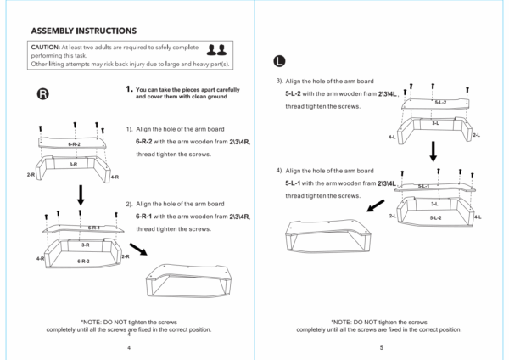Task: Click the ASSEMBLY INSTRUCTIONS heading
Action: point(84,31)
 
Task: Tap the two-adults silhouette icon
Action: point(217,50)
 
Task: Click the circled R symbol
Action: point(43,94)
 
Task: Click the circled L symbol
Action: point(279,61)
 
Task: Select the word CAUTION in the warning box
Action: point(46,47)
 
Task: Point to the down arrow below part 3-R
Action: point(81,195)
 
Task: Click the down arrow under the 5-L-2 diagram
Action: point(433,151)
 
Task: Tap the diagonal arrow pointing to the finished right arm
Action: point(138,250)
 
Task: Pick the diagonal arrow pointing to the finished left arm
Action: point(376,205)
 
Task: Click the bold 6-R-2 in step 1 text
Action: point(144,142)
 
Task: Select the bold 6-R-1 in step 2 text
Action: point(143,217)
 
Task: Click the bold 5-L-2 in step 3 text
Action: point(293,93)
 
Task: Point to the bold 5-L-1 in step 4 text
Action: point(293,183)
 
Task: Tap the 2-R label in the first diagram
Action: point(31,175)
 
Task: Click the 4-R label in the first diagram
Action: point(115,177)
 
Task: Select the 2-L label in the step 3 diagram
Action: point(476,135)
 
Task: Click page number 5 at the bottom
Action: point(382,347)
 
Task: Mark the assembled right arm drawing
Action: point(188,281)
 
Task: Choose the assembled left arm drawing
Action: point(328,236)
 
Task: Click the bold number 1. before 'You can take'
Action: point(129,89)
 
